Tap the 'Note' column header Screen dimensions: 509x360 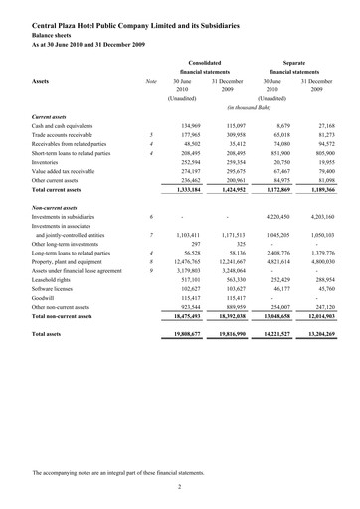coord(151,80)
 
